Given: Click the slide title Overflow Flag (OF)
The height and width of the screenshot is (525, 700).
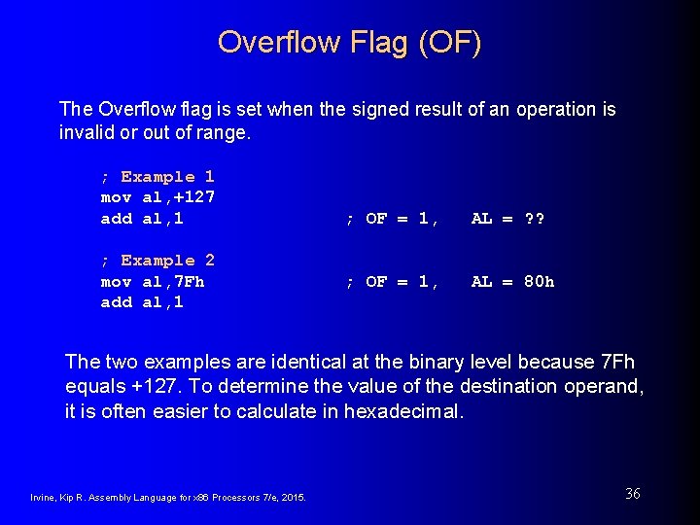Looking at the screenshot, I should pyautogui.click(x=349, y=43).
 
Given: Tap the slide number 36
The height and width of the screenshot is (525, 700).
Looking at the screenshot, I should pyautogui.click(x=632, y=494).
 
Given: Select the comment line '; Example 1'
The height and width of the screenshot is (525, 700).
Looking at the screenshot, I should pyautogui.click(x=157, y=177).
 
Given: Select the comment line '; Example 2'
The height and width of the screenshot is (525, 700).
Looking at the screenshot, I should pyautogui.click(x=157, y=261).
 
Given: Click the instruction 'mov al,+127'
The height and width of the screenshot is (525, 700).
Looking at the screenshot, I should pyautogui.click(x=157, y=197).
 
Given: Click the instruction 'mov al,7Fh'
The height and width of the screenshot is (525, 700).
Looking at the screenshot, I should pyautogui.click(x=152, y=282).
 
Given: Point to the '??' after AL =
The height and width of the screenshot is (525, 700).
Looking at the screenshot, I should pyautogui.click(x=535, y=219).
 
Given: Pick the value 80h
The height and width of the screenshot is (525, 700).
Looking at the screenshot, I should pyautogui.click(x=540, y=282).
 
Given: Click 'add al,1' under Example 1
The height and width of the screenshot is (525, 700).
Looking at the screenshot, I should pyautogui.click(x=142, y=219).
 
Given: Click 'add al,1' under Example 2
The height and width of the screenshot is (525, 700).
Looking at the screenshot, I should pyautogui.click(x=142, y=302).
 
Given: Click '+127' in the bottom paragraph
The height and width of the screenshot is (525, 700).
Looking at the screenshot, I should pyautogui.click(x=140, y=386).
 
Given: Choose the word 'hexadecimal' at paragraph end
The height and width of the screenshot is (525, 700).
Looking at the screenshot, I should pyautogui.click(x=409, y=410).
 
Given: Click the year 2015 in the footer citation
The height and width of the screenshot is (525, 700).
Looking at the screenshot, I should pyautogui.click(x=292, y=498).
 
